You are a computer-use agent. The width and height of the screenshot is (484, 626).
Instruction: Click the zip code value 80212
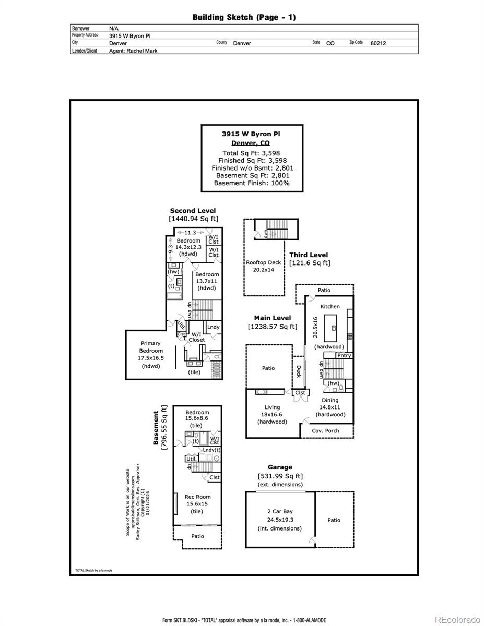point(378,43)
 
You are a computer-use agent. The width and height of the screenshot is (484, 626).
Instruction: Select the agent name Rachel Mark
point(133,51)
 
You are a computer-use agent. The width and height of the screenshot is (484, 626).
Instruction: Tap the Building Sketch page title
point(244,17)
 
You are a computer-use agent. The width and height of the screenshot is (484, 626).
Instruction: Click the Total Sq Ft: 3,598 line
point(251,153)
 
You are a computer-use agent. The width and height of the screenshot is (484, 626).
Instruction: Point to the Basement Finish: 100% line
point(251,183)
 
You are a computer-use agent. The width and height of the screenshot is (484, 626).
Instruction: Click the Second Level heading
point(193,211)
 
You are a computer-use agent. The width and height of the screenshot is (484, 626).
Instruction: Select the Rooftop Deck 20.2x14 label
point(263,266)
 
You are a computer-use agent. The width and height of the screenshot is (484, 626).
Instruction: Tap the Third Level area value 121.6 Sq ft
point(310,263)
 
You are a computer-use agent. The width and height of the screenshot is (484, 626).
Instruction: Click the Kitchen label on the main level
point(330,306)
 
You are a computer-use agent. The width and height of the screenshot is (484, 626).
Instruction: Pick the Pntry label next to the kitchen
point(344,355)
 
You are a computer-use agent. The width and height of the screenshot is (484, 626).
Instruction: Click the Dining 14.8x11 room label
point(330,407)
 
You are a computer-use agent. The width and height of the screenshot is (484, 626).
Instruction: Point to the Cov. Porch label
point(325,431)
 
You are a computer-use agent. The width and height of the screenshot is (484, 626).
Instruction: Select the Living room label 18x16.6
point(272,414)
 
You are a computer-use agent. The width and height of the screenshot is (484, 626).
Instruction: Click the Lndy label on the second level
point(213,327)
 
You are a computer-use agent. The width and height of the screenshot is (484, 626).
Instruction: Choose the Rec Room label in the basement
point(197,497)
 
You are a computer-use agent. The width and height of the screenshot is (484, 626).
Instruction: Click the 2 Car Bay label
point(280,512)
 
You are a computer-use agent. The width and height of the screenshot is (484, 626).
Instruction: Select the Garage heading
point(280,467)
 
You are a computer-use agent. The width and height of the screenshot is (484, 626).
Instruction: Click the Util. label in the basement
point(191,459)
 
